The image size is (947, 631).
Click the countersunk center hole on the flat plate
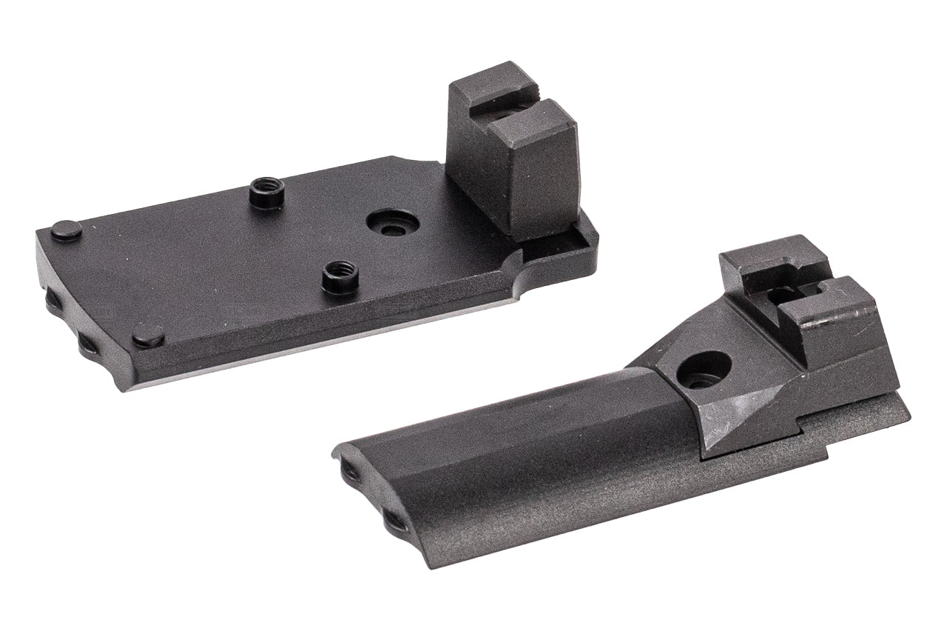point(393,223)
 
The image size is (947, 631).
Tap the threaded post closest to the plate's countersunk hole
point(340,277)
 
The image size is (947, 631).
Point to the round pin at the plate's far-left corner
point(66,230)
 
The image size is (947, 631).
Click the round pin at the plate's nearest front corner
point(148,337)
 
